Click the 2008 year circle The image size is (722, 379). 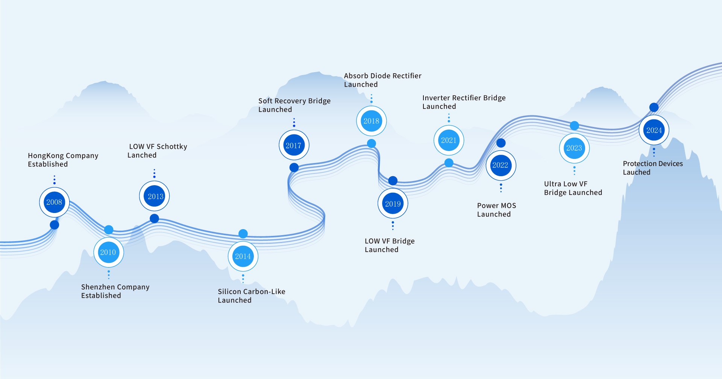(55, 202)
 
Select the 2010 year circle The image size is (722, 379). (109, 252)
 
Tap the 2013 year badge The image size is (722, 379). (155, 196)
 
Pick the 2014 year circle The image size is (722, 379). (243, 257)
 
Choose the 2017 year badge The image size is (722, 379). (294, 145)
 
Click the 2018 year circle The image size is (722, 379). (372, 121)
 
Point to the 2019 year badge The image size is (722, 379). (393, 204)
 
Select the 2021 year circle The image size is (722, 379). (449, 140)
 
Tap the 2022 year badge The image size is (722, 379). (501, 165)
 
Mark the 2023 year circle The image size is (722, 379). (574, 148)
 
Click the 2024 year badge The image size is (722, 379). (654, 130)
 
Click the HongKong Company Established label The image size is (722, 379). (63, 160)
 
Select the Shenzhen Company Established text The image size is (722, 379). (115, 291)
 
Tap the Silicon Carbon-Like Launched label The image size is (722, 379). (251, 296)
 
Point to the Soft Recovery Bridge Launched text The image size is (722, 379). (294, 105)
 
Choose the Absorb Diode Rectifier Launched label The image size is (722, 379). (382, 80)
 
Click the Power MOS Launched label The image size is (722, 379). (496, 210)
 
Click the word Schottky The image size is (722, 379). (172, 146)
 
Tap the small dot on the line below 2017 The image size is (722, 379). (294, 168)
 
